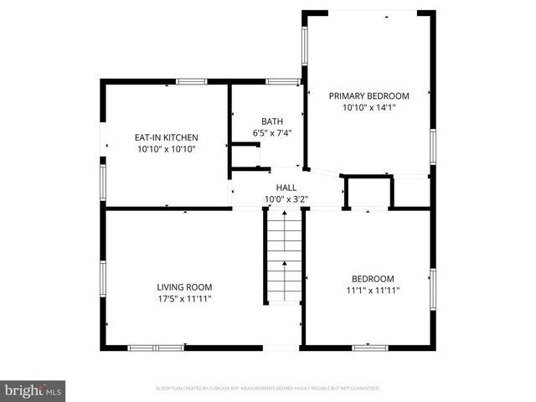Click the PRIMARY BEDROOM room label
pyautogui.click(x=368, y=95)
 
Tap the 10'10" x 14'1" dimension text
pyautogui.click(x=368, y=107)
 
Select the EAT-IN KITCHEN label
pyautogui.click(x=167, y=137)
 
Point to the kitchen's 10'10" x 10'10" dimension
pyautogui.click(x=167, y=149)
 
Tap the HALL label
pyautogui.click(x=286, y=188)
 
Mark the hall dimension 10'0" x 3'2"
pyautogui.click(x=286, y=199)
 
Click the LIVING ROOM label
pyautogui.click(x=184, y=286)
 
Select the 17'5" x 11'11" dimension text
pyautogui.click(x=184, y=298)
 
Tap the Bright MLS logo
pyautogui.click(x=33, y=389)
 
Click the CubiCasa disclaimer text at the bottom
pyautogui.click(x=268, y=388)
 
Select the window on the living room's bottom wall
pyautogui.click(x=156, y=347)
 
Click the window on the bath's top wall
pyautogui.click(x=283, y=81)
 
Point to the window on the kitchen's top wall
pyautogui.click(x=191, y=81)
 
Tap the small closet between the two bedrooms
pyautogui.click(x=368, y=192)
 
